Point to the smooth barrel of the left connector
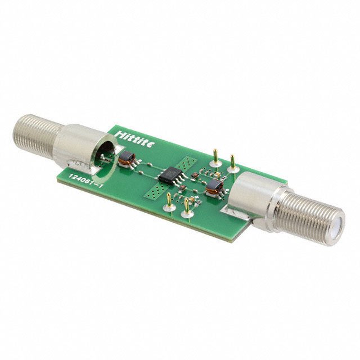coord(79,147)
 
